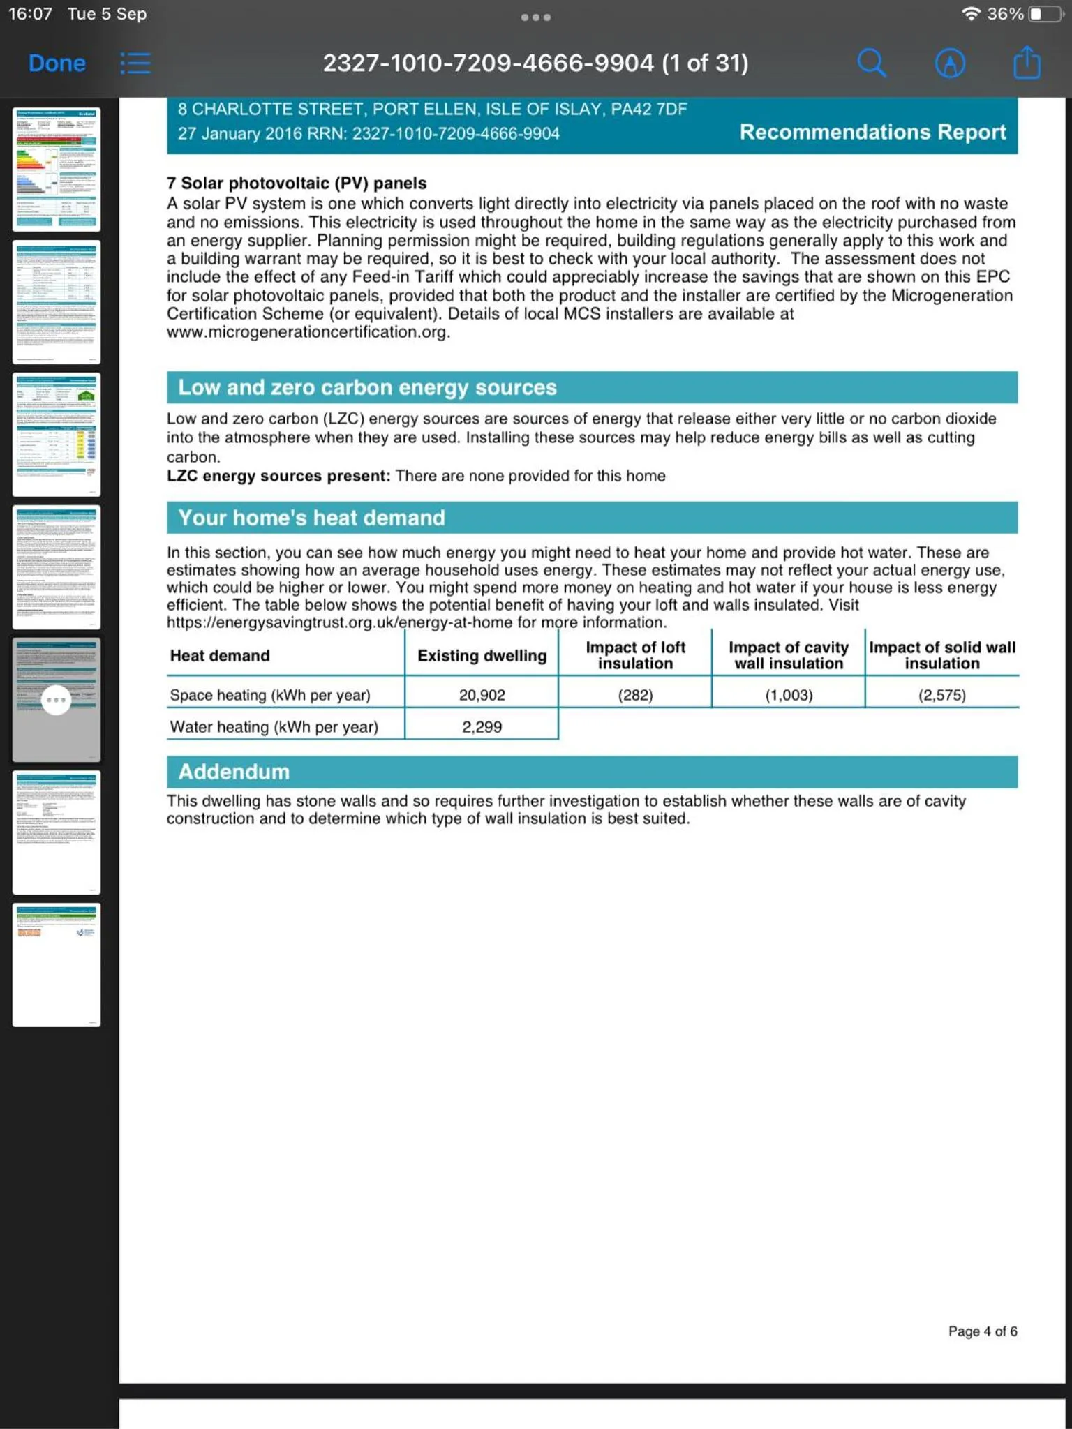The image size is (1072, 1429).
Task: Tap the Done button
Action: [x=57, y=63]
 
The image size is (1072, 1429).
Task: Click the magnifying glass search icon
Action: [x=872, y=63]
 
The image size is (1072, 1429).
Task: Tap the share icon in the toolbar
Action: [x=1027, y=63]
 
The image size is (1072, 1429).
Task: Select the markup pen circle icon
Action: [x=950, y=63]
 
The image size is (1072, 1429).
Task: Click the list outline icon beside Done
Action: [x=135, y=63]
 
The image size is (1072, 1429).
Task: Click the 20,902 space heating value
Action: [x=482, y=695]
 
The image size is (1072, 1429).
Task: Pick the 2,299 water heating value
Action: [x=482, y=727]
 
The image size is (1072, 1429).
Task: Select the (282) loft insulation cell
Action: [x=635, y=695]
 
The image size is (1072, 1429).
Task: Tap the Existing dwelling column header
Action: [x=482, y=656]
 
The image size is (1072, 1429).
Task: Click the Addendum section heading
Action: [x=234, y=772]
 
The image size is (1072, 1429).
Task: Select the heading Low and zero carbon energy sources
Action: [x=367, y=387]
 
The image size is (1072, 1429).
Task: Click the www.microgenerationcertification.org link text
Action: [x=307, y=332]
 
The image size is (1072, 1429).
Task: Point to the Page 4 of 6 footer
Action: [x=982, y=1331]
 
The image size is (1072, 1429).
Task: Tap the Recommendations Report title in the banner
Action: [x=872, y=132]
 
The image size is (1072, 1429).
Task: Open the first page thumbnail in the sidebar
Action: [x=57, y=170]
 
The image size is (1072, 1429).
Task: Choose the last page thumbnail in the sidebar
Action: [x=57, y=965]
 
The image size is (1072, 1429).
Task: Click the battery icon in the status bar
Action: [x=1044, y=14]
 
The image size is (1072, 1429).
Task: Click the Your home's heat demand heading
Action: [x=311, y=518]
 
